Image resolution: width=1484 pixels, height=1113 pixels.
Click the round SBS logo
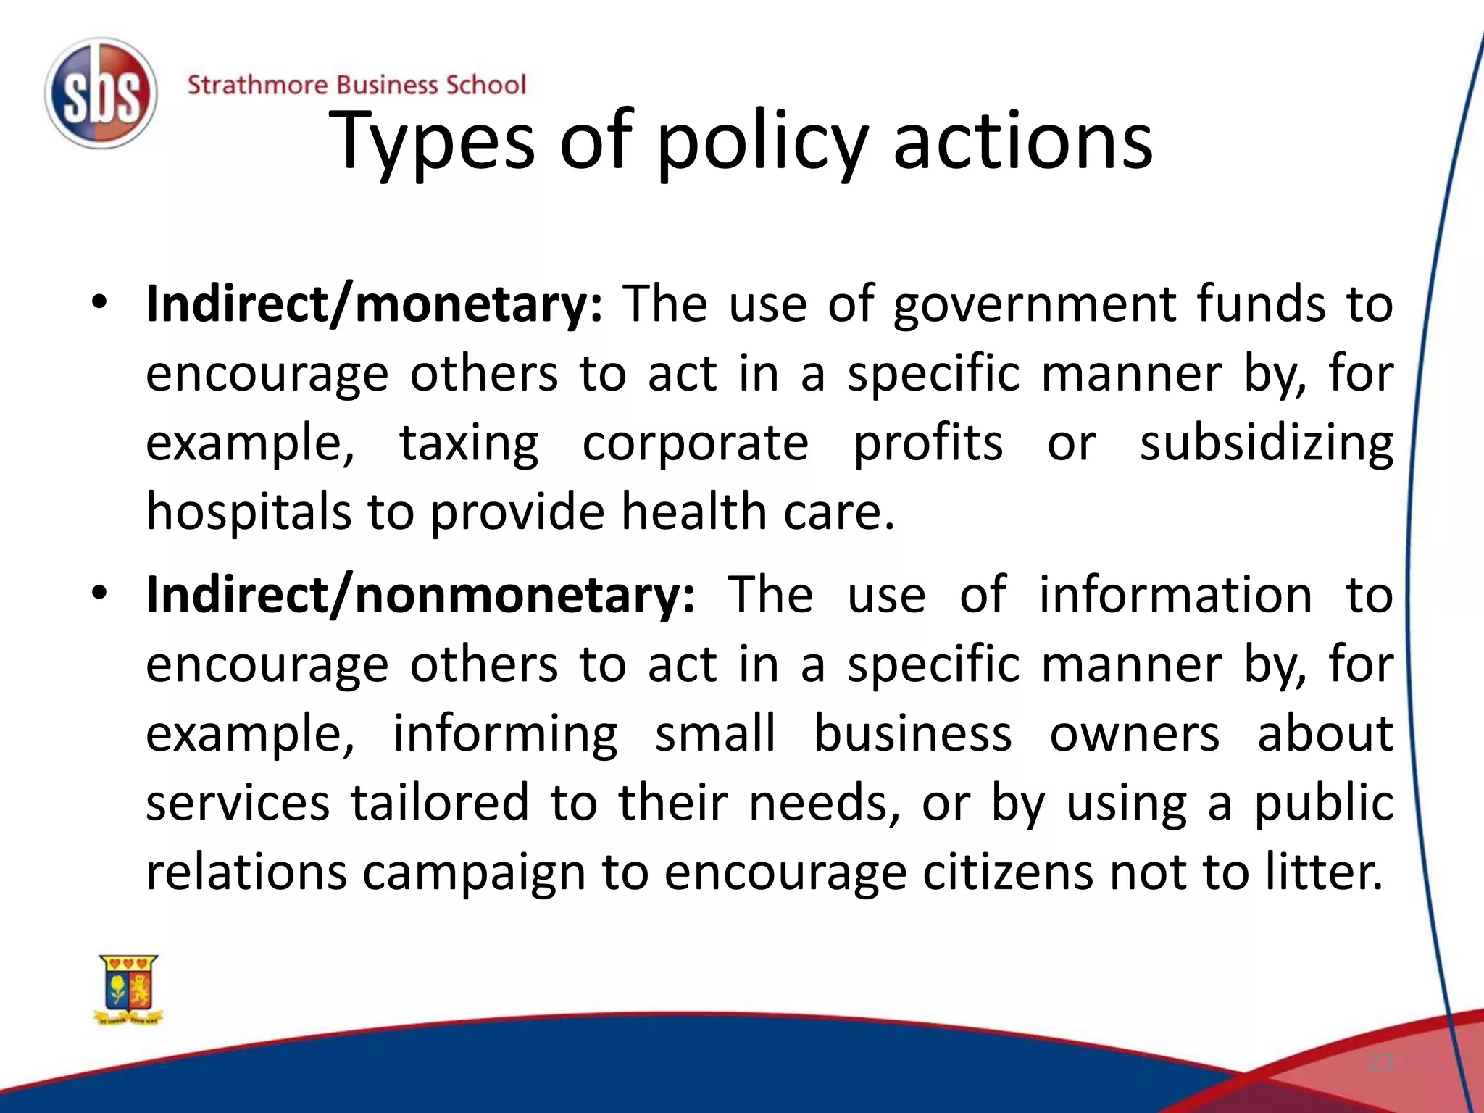(x=101, y=93)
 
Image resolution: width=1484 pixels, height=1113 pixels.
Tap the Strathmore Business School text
(x=357, y=85)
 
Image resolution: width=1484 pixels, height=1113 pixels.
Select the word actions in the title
(x=1022, y=141)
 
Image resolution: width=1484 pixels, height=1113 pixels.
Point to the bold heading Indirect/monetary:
(x=374, y=304)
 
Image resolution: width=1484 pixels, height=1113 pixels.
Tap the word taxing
(x=470, y=443)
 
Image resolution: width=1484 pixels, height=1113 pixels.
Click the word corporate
(x=696, y=443)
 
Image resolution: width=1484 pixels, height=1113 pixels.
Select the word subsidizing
(x=1266, y=443)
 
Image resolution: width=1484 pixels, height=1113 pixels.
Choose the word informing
(x=505, y=735)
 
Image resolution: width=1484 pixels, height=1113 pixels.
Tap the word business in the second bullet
(x=913, y=733)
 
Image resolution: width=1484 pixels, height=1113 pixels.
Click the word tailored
(x=440, y=803)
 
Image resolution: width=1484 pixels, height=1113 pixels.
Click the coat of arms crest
(x=129, y=990)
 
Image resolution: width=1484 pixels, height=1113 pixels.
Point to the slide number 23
(x=1380, y=1063)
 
